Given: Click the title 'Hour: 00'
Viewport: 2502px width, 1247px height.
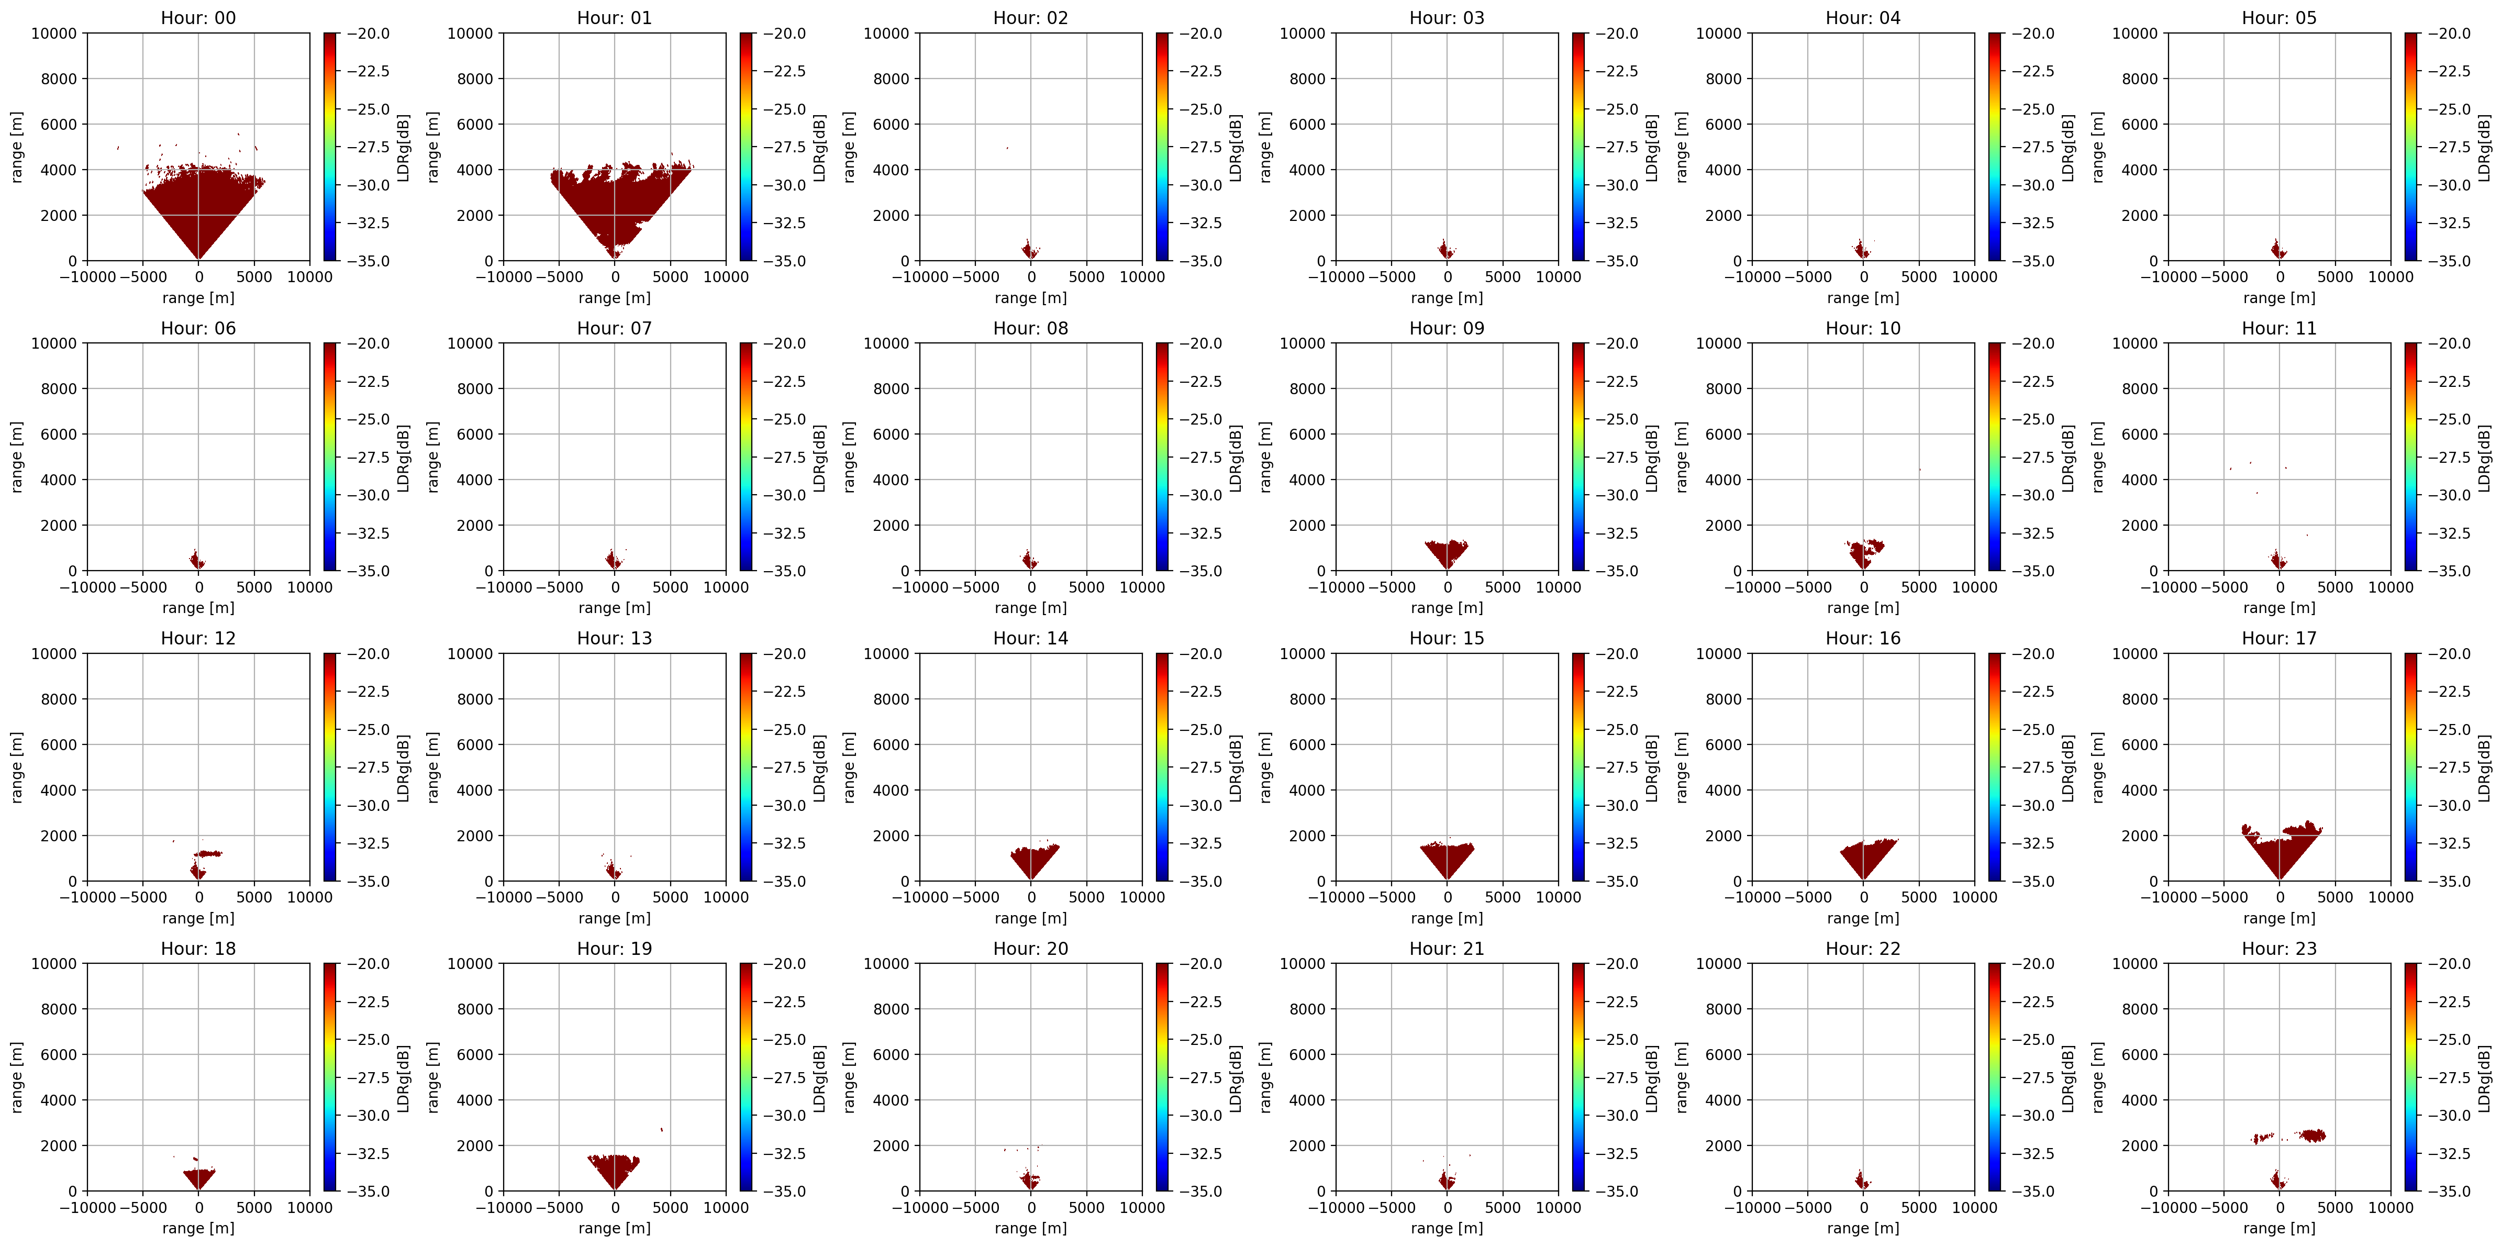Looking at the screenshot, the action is click(198, 17).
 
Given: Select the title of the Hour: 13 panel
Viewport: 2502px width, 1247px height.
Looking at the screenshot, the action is click(614, 638).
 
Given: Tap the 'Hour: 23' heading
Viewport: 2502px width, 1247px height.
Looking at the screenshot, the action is click(2278, 948).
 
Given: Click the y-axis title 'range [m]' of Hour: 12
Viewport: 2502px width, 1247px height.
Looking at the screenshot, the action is click(17, 767).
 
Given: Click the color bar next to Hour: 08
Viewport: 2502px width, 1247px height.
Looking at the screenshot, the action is click(1163, 457).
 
